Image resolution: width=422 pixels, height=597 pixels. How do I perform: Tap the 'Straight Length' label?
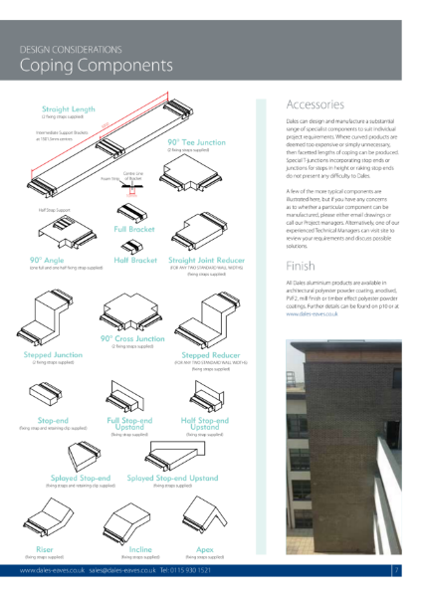pyautogui.click(x=69, y=108)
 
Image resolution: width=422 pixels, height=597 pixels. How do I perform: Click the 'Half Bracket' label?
pyautogui.click(x=135, y=260)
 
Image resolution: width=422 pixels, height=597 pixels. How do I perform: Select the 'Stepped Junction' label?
pyautogui.click(x=54, y=354)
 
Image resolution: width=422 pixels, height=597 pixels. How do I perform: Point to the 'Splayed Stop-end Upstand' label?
pyautogui.click(x=172, y=478)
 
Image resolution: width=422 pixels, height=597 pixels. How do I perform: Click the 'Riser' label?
pyautogui.click(x=46, y=547)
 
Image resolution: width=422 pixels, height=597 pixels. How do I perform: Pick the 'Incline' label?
pyautogui.click(x=140, y=547)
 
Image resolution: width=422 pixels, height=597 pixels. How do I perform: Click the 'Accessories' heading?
pyautogui.click(x=315, y=104)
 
